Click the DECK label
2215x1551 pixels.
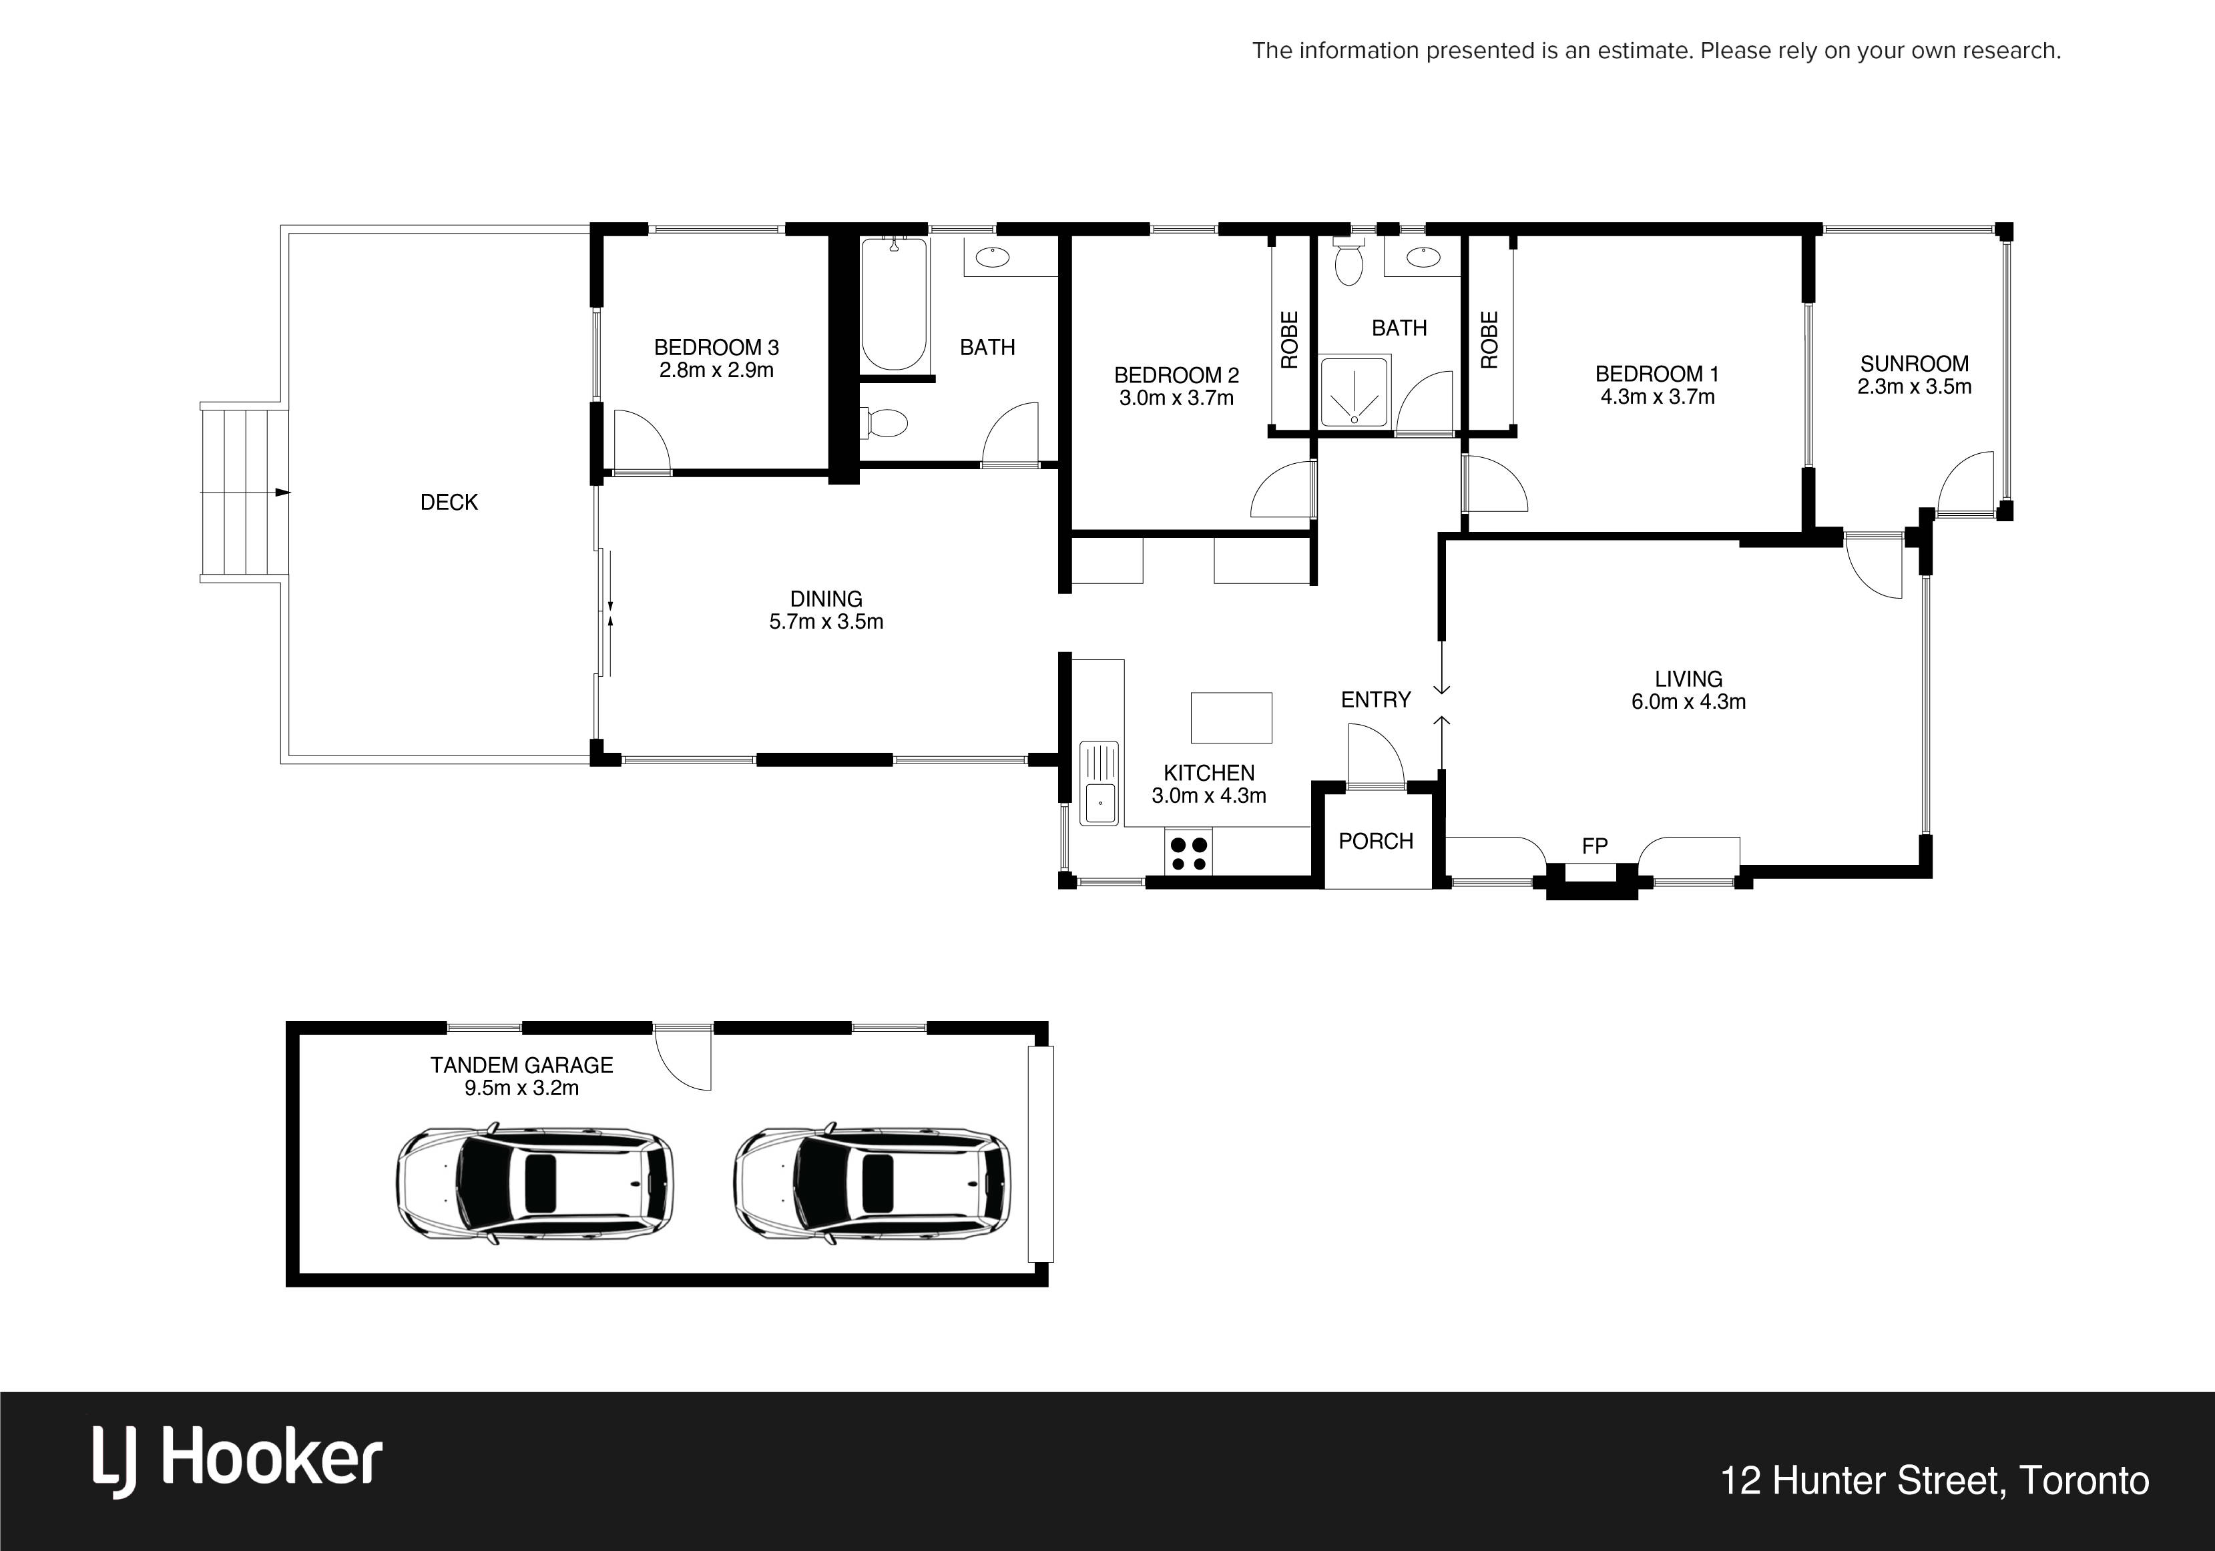449,502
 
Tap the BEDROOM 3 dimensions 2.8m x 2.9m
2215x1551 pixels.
716,370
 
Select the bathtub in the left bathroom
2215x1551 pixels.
895,304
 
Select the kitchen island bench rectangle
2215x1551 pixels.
1231,717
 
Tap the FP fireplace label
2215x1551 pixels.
1595,846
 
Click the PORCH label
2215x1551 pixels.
1376,841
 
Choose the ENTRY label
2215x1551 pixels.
1376,699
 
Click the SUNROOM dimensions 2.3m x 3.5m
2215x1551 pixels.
1914,387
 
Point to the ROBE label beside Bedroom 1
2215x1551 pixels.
1489,340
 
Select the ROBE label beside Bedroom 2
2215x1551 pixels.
1290,340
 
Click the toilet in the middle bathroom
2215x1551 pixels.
1348,262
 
